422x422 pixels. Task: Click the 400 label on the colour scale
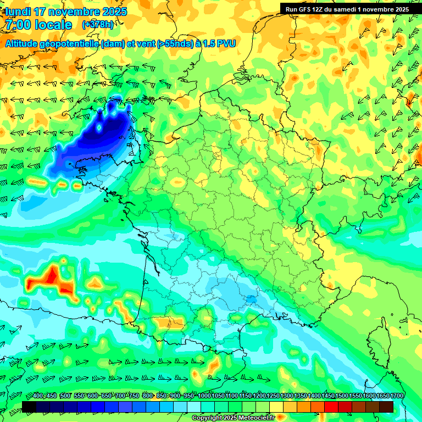tap(38, 396)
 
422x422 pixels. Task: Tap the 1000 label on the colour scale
tap(204, 396)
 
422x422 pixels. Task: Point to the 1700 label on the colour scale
tap(397, 396)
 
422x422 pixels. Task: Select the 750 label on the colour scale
tap(134, 396)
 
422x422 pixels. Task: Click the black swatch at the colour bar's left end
tap(29, 407)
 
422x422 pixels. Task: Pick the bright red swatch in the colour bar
tap(331, 407)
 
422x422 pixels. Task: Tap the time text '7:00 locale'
tap(39, 25)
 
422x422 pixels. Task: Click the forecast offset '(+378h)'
tap(98, 25)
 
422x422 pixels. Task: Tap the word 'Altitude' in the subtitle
tap(22, 43)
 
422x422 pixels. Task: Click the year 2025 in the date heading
tap(114, 12)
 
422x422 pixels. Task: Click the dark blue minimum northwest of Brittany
tap(104, 132)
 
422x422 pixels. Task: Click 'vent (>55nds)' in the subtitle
tap(163, 43)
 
